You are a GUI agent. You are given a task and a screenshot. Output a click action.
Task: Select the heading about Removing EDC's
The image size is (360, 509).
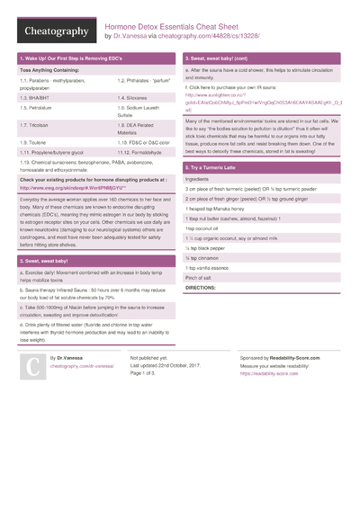pyautogui.click(x=72, y=58)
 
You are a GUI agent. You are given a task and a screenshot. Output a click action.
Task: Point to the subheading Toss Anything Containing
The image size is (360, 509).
pyautogui.click(x=50, y=69)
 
